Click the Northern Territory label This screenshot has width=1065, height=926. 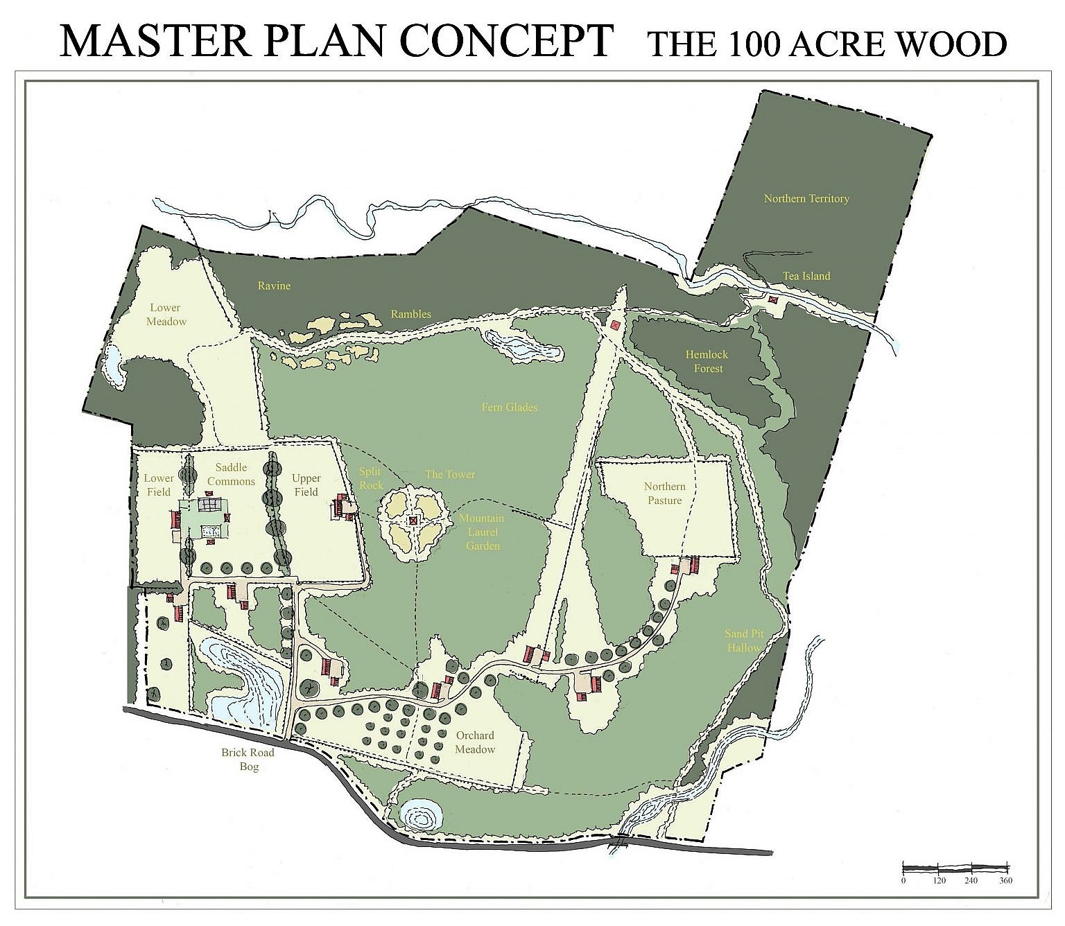pos(806,199)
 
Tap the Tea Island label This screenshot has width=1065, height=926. pos(806,276)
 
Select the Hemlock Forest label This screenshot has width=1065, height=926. pos(707,361)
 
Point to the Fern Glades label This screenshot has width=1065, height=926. pos(509,408)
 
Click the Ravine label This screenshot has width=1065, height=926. pos(274,286)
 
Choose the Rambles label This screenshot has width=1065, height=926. pos(410,314)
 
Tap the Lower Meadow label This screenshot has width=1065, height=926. pos(166,315)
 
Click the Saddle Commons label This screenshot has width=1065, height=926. pos(231,475)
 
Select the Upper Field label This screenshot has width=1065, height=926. pos(306,485)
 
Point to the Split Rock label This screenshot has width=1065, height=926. pos(370,479)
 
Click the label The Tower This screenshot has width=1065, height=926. pos(450,475)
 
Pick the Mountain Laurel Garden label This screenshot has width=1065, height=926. pos(482,532)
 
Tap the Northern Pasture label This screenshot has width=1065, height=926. pos(664,493)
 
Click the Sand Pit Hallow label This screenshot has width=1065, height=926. pos(744,640)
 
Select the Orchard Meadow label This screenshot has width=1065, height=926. pos(475,742)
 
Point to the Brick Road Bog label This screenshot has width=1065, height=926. pos(248,760)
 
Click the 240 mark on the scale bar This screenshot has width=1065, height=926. pos(971,880)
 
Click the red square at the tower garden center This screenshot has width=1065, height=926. pos(413,521)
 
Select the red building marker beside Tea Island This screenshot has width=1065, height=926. pos(773,299)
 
